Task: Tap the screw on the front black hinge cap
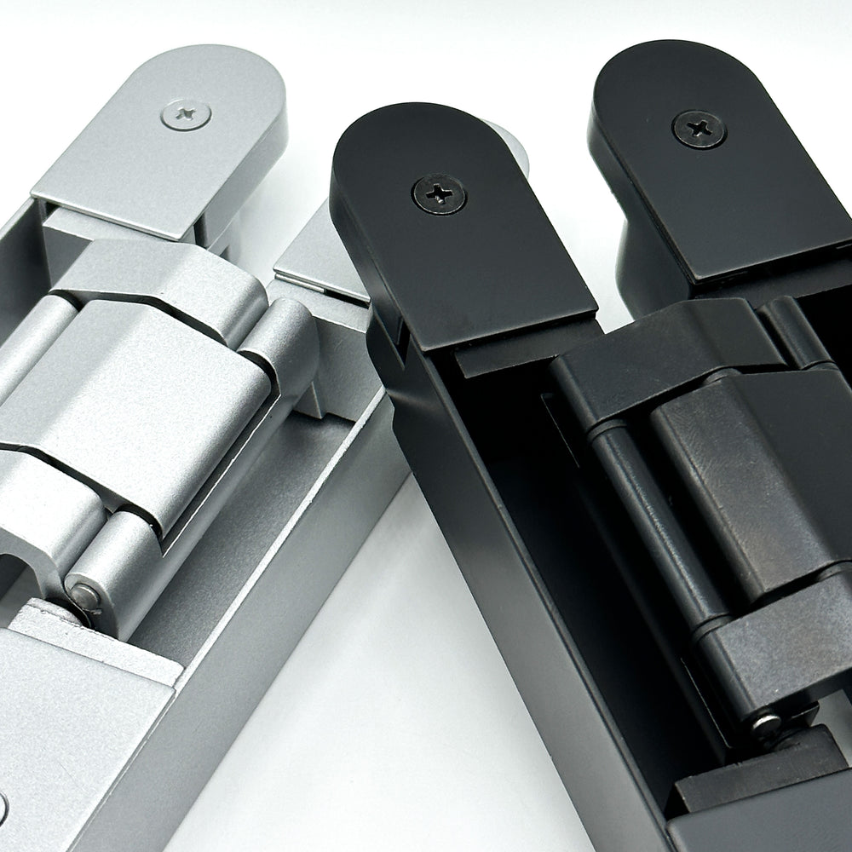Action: click(x=439, y=194)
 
